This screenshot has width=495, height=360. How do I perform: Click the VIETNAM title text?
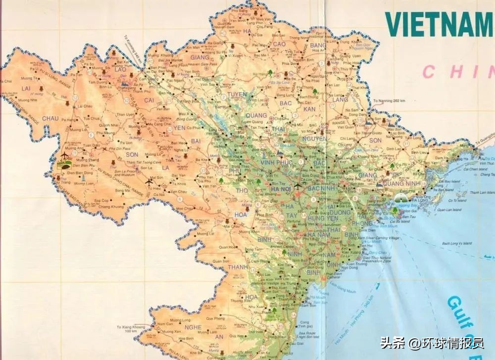(x=438, y=23)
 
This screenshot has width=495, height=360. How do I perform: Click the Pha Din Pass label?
(x=120, y=149)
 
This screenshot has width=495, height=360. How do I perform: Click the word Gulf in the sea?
(x=458, y=311)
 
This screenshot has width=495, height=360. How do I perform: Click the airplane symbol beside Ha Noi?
(x=297, y=187)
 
